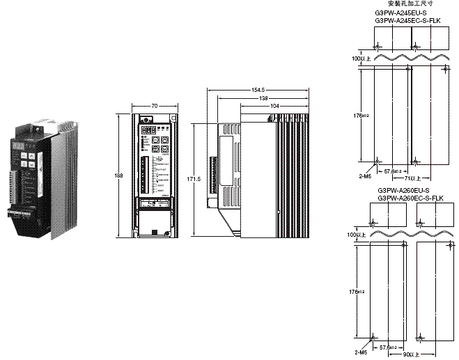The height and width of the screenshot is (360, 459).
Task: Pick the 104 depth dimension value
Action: pyautogui.click(x=275, y=105)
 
